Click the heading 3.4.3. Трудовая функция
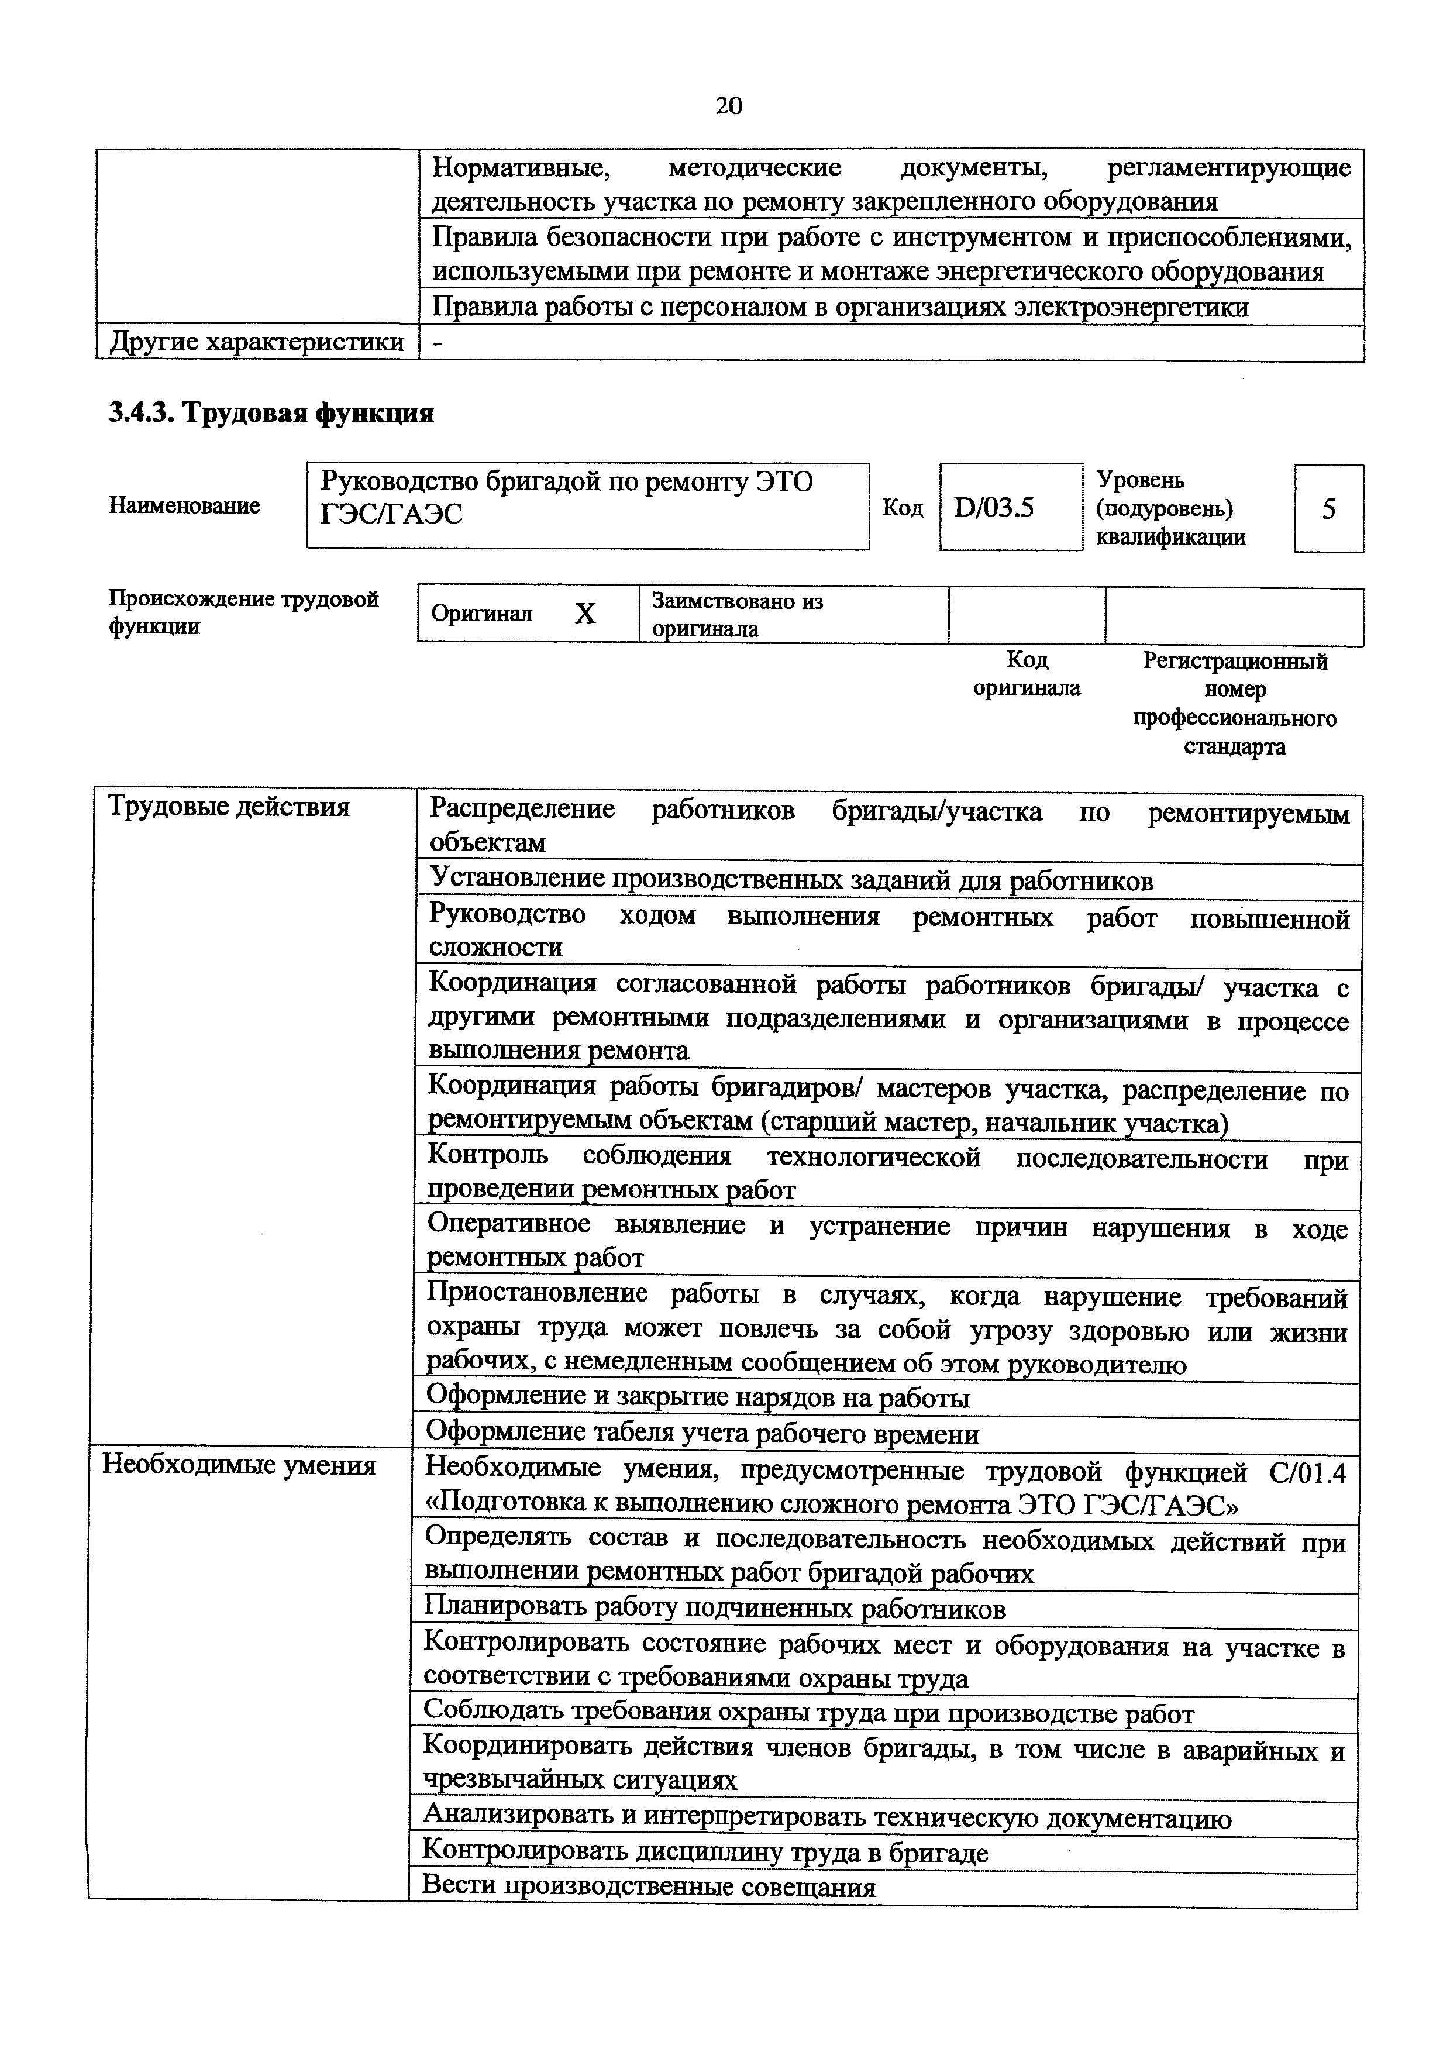point(271,414)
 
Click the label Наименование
point(184,506)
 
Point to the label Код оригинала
point(1027,674)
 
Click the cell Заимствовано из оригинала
point(737,614)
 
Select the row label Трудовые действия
point(229,807)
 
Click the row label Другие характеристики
point(256,342)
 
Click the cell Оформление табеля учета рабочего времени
point(702,1434)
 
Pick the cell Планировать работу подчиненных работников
point(715,1609)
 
